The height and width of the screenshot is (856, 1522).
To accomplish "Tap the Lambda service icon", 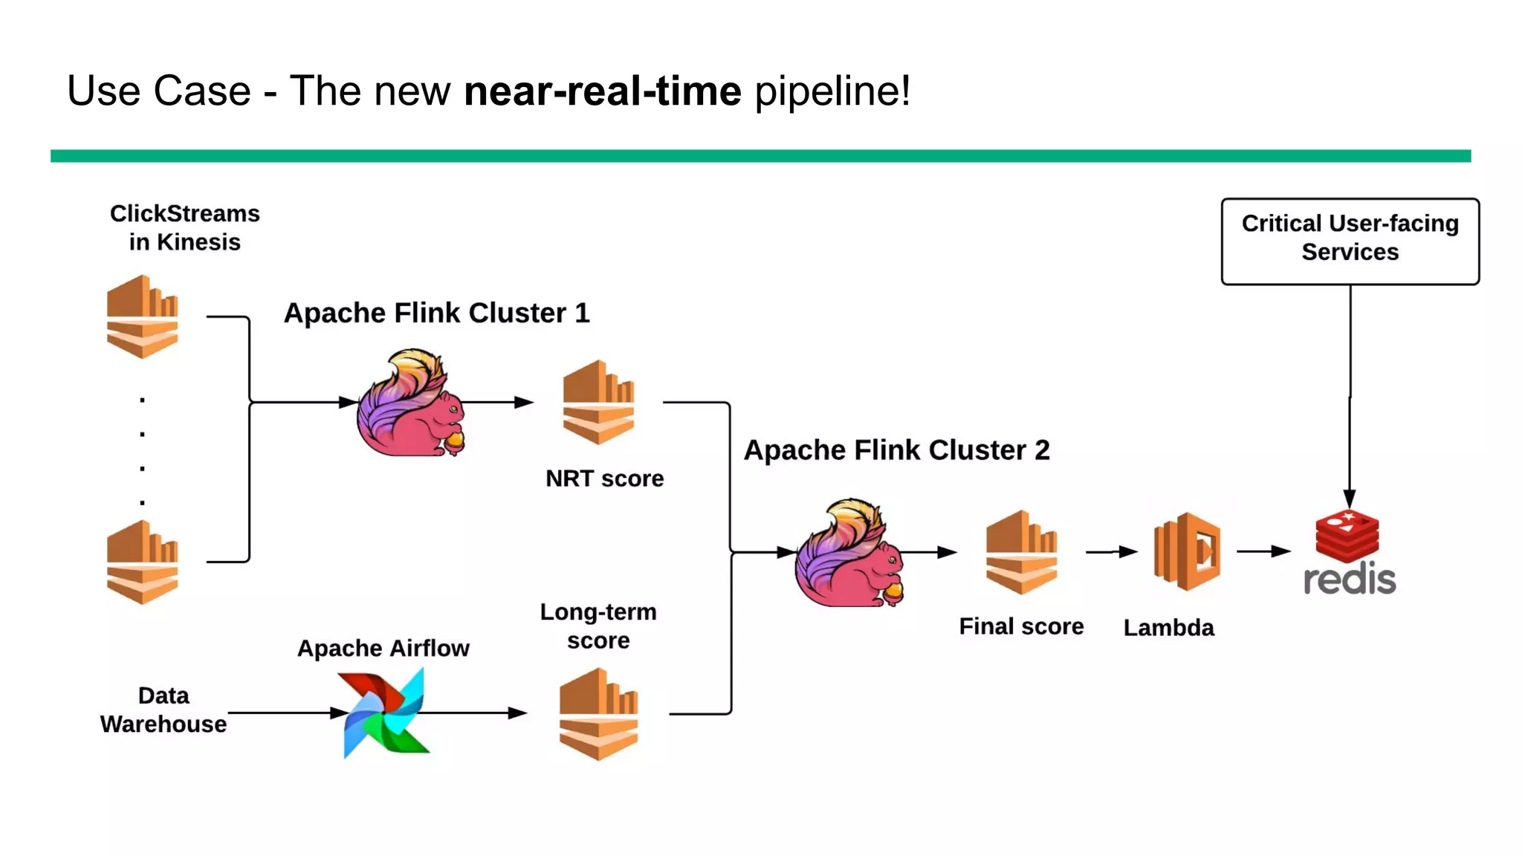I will pyautogui.click(x=1187, y=551).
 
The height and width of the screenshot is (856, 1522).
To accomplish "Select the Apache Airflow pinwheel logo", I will pyautogui.click(x=384, y=712).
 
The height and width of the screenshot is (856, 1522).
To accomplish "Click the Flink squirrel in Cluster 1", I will pyautogui.click(x=411, y=403).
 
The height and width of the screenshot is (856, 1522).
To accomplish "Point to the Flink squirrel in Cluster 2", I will pyautogui.click(x=849, y=554).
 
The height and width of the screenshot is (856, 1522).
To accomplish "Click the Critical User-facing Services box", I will pyautogui.click(x=1350, y=241).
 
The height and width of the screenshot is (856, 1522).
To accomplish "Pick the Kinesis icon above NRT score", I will pyautogui.click(x=598, y=402).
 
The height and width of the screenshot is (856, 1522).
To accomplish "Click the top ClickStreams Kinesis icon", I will pyautogui.click(x=142, y=317).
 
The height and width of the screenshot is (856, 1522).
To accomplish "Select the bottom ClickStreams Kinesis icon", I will pyautogui.click(x=142, y=562).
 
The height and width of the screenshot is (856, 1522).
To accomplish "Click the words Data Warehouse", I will pyautogui.click(x=163, y=710).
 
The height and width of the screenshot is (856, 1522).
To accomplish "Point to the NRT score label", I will pyautogui.click(x=604, y=479).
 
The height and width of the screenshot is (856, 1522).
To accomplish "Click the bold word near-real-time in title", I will pyautogui.click(x=602, y=91).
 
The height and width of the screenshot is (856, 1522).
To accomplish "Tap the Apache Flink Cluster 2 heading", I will pyautogui.click(x=896, y=450).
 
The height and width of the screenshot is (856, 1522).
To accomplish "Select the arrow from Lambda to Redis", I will pyautogui.click(x=1263, y=551).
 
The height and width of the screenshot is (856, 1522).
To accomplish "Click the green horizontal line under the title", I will pyautogui.click(x=760, y=156).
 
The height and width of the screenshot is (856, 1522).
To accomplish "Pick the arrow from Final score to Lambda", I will pyautogui.click(x=1111, y=551).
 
